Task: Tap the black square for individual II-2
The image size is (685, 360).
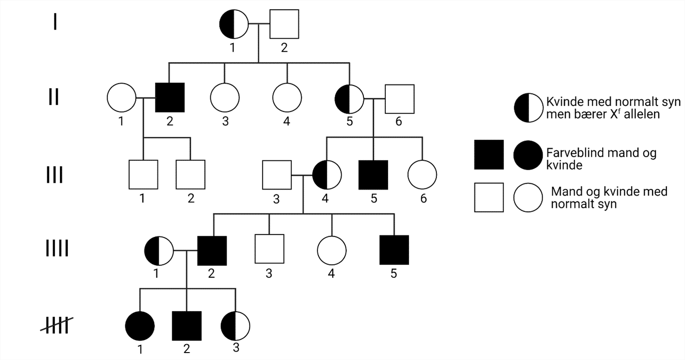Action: tap(170, 98)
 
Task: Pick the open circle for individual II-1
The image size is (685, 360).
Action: tap(121, 98)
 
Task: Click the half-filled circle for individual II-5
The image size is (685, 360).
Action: tap(349, 99)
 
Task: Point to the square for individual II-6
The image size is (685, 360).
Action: tap(400, 99)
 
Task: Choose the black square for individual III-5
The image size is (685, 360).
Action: tap(373, 175)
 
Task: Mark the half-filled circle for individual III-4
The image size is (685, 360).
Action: tap(327, 175)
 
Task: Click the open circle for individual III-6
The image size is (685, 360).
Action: tap(422, 175)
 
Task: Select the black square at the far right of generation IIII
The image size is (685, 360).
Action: tap(394, 250)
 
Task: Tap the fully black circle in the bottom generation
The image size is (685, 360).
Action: tap(140, 325)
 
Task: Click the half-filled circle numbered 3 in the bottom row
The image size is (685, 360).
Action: tap(235, 325)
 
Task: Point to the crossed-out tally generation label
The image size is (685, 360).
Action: tap(54, 325)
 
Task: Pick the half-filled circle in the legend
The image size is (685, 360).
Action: tap(528, 107)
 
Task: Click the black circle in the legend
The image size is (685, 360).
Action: tap(528, 154)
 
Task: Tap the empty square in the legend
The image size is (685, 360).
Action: tap(489, 198)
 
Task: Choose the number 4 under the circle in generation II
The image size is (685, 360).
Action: tap(287, 121)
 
